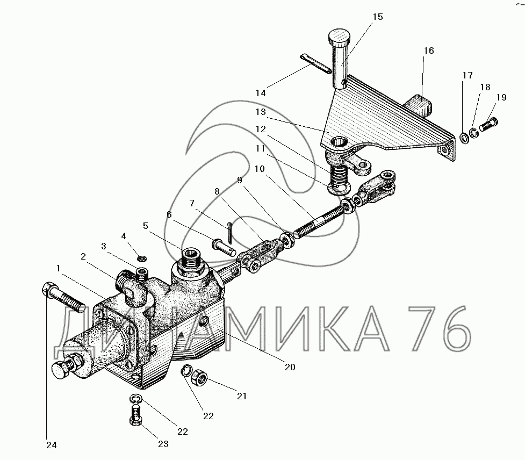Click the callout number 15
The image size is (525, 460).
pyautogui.click(x=377, y=17)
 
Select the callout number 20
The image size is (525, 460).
pyautogui.click(x=290, y=368)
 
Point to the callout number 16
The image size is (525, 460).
pyautogui.click(x=428, y=51)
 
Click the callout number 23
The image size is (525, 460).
pyautogui.click(x=162, y=443)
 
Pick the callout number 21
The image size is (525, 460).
pyautogui.click(x=242, y=397)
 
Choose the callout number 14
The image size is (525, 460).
pyautogui.click(x=261, y=93)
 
